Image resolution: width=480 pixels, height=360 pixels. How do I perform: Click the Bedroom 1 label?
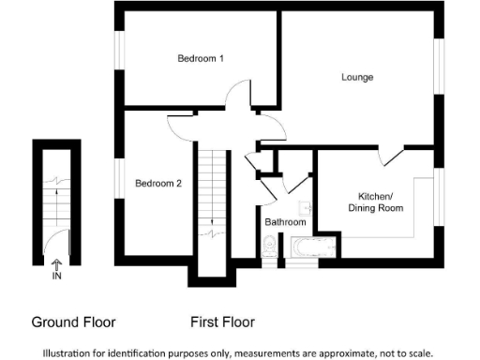click(201, 59)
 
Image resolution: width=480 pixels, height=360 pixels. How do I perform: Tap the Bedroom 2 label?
click(157, 183)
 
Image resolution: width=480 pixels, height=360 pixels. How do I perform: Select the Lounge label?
click(356, 77)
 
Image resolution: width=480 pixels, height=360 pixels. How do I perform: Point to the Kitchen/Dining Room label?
click(375, 202)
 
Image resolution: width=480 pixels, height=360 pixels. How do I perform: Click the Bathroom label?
click(284, 222)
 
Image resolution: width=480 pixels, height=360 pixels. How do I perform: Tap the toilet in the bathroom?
click(270, 247)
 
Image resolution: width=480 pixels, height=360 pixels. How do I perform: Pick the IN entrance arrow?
click(57, 266)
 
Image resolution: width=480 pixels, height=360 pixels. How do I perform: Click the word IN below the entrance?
click(57, 277)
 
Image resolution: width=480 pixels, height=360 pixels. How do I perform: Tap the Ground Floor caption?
click(73, 322)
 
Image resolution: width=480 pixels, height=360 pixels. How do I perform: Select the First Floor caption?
click(222, 322)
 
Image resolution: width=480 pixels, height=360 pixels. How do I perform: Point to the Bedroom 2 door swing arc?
click(180, 119)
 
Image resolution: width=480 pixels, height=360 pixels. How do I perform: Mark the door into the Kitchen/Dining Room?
click(392, 156)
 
